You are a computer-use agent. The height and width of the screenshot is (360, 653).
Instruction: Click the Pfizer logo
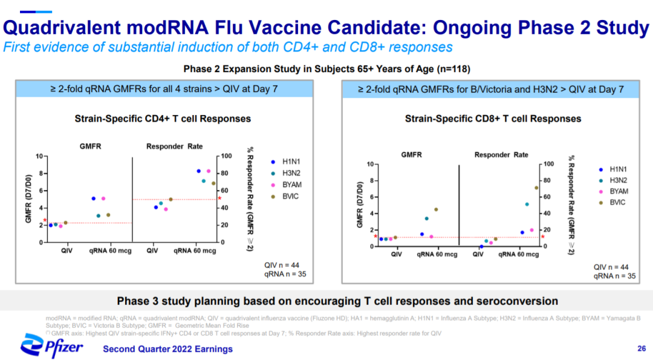(x=52, y=345)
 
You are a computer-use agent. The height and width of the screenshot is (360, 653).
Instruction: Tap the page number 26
(x=642, y=349)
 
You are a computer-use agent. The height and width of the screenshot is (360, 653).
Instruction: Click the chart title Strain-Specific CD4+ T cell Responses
(x=163, y=119)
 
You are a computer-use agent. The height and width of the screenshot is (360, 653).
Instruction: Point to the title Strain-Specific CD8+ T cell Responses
(x=493, y=119)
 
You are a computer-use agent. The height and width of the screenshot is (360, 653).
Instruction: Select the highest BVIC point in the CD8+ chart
(x=536, y=188)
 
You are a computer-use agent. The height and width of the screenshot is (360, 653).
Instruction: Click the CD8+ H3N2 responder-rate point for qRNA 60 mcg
(x=527, y=205)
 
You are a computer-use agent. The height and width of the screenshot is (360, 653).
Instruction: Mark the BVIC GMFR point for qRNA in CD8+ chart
(x=436, y=210)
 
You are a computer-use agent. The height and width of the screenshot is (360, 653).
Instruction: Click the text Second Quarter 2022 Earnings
(x=167, y=349)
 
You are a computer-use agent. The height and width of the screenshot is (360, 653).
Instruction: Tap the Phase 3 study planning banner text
(x=337, y=301)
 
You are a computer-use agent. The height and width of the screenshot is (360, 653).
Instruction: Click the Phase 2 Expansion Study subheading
(x=326, y=68)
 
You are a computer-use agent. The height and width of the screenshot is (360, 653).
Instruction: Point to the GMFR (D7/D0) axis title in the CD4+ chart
(x=28, y=199)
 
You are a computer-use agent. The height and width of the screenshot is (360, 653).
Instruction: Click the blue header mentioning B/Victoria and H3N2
(x=490, y=90)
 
